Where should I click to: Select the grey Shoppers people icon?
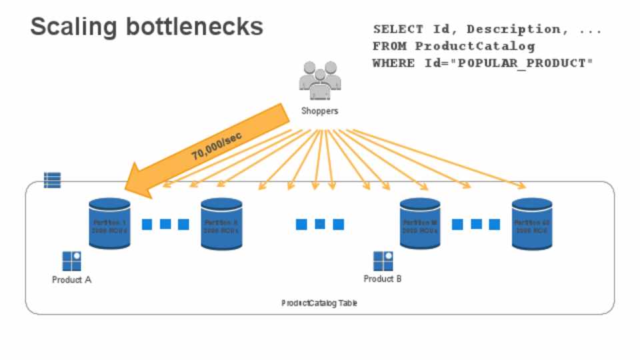click(x=319, y=81)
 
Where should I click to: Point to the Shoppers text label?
click(x=319, y=111)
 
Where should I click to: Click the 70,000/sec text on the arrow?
click(x=216, y=145)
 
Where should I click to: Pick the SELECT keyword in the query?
click(x=397, y=29)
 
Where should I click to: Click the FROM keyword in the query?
click(x=389, y=46)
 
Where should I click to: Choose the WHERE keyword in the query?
click(x=393, y=63)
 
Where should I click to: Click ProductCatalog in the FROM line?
click(x=475, y=46)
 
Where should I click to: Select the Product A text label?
click(x=71, y=280)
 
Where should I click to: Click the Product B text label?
click(x=383, y=279)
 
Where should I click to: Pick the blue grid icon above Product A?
click(x=71, y=261)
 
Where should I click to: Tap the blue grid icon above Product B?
click(x=383, y=261)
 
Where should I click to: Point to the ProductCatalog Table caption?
click(x=319, y=303)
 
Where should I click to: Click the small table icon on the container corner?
click(x=52, y=179)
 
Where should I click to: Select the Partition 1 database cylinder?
click(x=109, y=223)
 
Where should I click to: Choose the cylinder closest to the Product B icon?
click(x=420, y=223)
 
